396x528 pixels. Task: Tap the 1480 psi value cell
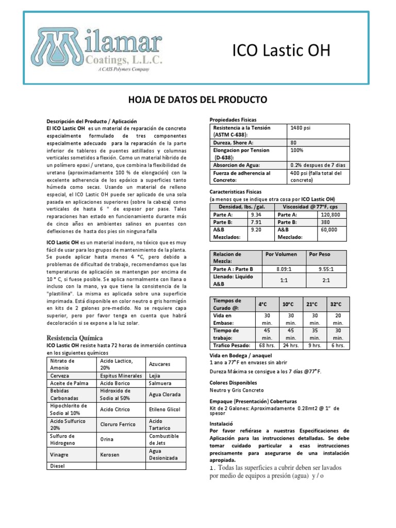[301, 127]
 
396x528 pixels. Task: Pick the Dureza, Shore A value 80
[294, 142]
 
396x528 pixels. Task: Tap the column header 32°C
[336, 304]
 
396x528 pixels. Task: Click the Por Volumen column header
[277, 255]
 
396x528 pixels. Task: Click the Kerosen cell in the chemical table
[109, 455]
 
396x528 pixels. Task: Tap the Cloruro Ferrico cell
[117, 424]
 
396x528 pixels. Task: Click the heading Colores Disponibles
[233, 384]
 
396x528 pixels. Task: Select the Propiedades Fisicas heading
[233, 120]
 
